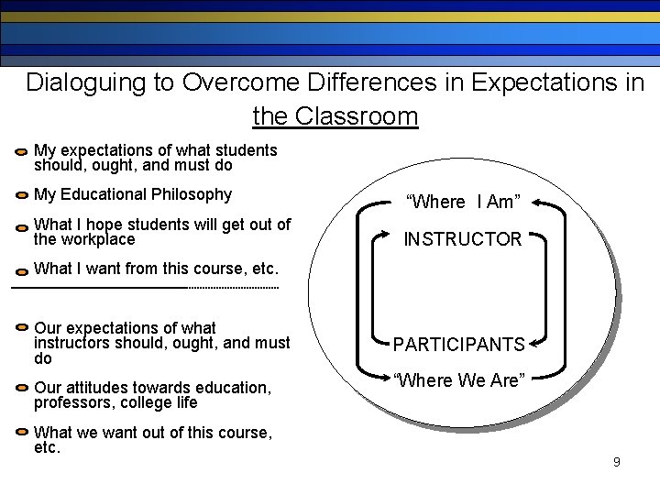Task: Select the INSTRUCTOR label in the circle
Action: click(462, 239)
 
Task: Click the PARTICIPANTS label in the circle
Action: click(458, 345)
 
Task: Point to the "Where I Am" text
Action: click(463, 202)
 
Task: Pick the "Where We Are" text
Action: click(458, 379)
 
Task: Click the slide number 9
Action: click(617, 462)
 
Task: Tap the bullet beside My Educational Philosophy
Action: click(21, 196)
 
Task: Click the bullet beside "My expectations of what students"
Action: click(21, 151)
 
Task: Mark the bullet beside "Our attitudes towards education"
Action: click(21, 389)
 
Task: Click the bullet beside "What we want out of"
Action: click(21, 434)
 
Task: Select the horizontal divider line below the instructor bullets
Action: click(144, 288)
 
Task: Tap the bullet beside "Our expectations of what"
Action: click(21, 329)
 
